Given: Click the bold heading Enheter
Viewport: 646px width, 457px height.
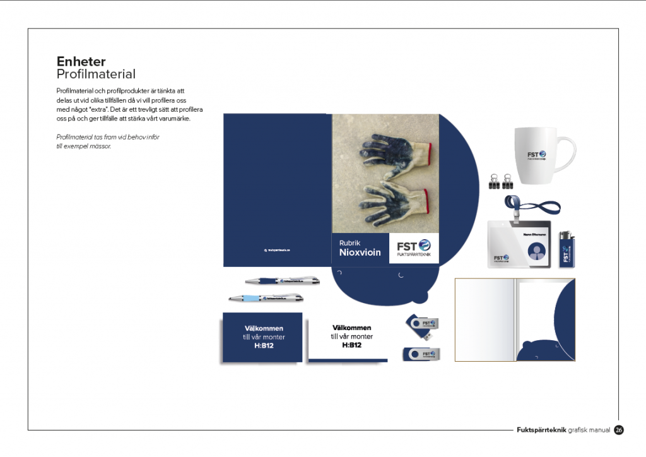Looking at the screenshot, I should coord(81,62).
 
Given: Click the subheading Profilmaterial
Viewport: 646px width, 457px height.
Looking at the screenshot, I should coord(96,74).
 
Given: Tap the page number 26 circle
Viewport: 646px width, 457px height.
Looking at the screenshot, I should coord(619,430).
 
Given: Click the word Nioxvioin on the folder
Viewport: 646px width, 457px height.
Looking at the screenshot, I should coord(360,253).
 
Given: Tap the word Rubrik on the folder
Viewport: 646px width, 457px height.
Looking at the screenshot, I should coord(349,243).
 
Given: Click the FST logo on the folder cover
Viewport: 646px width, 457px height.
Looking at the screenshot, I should coord(413,248).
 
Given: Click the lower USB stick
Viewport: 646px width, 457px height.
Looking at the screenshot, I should coord(421,354).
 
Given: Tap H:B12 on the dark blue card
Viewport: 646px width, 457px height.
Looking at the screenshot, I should coord(264,346).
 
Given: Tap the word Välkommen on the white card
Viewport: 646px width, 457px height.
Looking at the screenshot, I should coord(351,328).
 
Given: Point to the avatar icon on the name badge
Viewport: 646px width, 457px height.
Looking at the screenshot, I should coord(536,252).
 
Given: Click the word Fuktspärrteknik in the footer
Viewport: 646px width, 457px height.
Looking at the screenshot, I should coord(541,430).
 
